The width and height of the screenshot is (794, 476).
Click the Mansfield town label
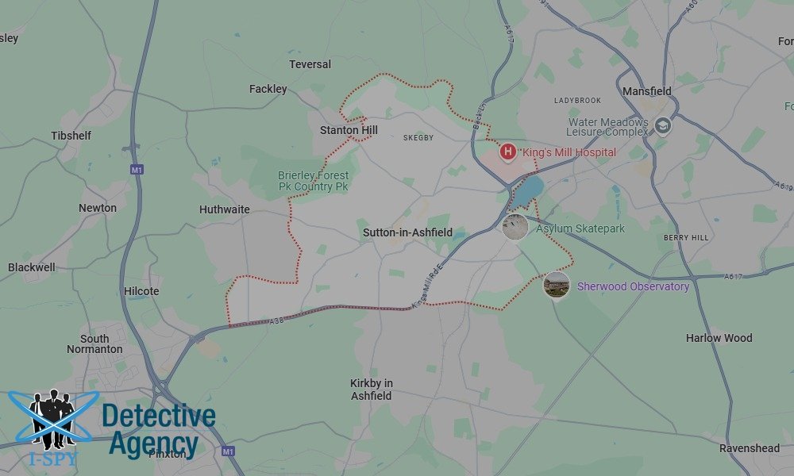[x=646, y=91]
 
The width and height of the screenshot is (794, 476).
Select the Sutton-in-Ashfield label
[x=407, y=232]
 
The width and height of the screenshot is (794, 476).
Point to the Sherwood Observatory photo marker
[x=557, y=285]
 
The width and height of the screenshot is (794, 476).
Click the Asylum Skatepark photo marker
[x=515, y=227]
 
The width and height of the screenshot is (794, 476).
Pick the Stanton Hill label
[x=349, y=130]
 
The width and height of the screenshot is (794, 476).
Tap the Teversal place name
[x=310, y=64]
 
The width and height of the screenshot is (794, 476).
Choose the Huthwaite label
[x=225, y=209]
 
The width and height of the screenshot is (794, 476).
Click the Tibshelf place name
[x=71, y=136]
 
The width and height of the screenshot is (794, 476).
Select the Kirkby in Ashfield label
[x=372, y=390]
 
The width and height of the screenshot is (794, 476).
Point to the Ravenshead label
[x=750, y=448]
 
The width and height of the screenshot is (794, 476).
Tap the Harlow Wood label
[x=719, y=338]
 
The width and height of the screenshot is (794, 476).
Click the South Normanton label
[x=94, y=344]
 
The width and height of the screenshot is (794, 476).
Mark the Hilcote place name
[x=141, y=291]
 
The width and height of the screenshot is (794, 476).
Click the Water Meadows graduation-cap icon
[x=663, y=125]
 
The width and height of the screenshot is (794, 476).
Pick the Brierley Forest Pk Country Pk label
[x=313, y=181]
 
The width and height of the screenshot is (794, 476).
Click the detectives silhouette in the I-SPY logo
[x=52, y=416]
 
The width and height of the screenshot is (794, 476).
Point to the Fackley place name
[x=268, y=89]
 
